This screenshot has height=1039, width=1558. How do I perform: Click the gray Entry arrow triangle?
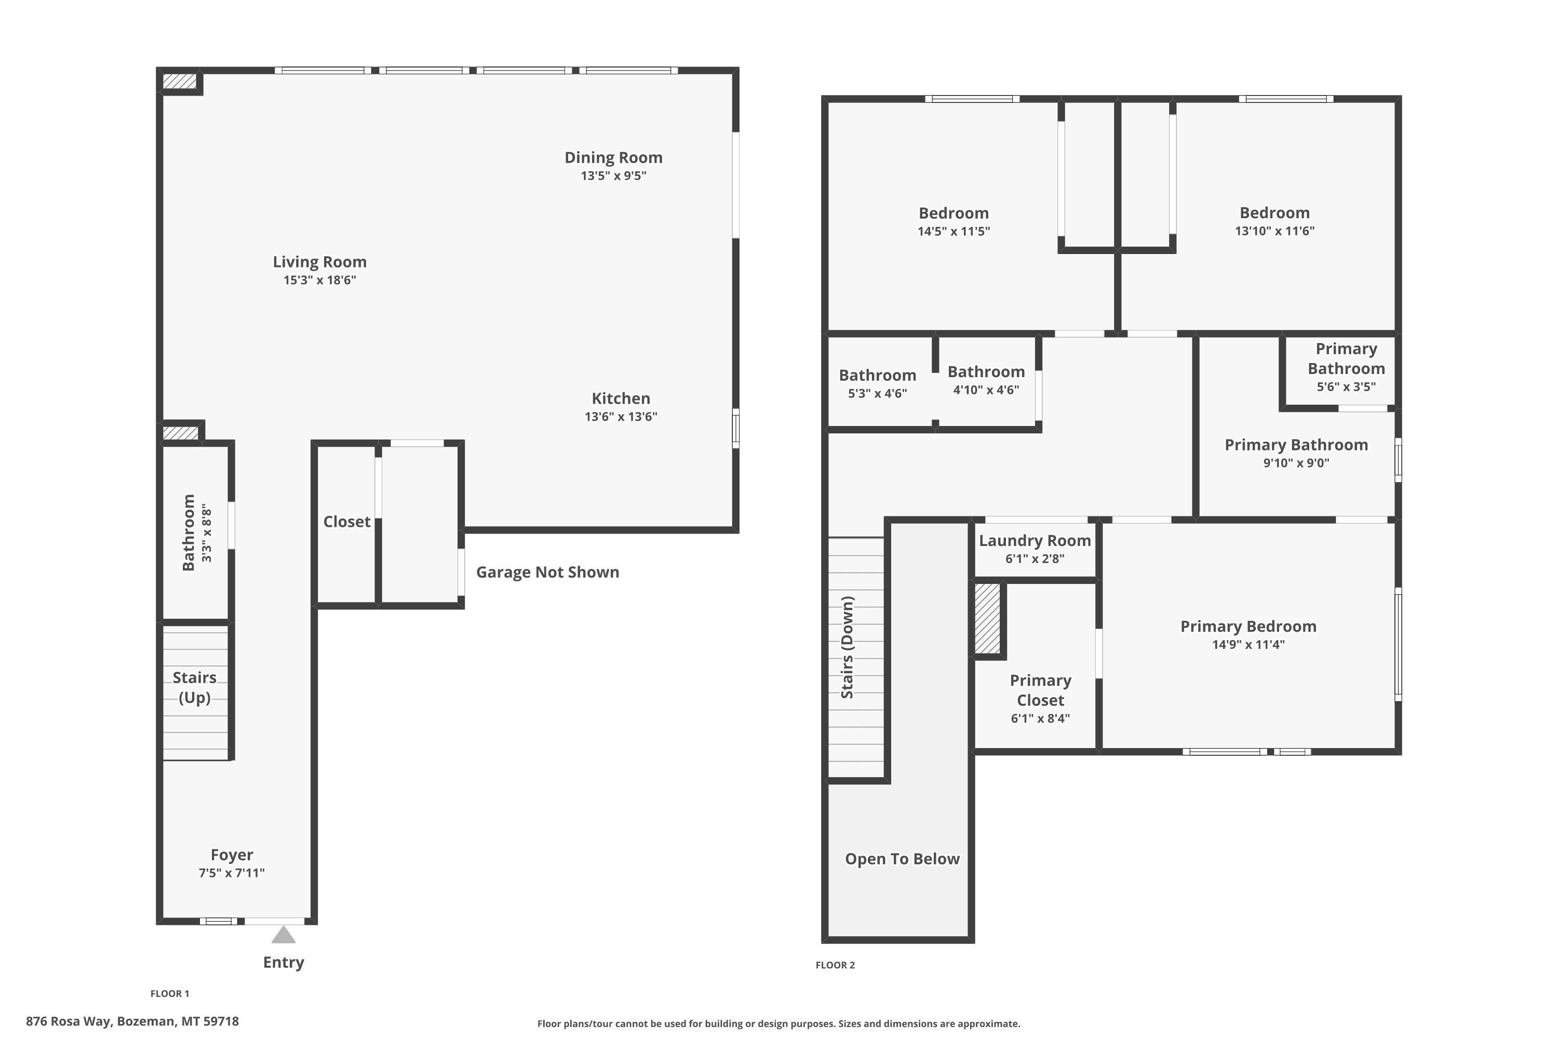(x=284, y=935)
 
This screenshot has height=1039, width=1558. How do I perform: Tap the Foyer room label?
(x=232, y=855)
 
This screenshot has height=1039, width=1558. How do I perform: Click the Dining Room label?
(x=613, y=158)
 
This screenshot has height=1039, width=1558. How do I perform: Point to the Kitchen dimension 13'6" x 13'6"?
(x=621, y=417)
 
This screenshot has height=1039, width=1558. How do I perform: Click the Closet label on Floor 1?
(x=346, y=522)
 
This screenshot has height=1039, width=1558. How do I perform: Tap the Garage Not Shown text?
(x=548, y=572)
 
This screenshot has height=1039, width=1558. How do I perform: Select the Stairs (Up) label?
(x=195, y=687)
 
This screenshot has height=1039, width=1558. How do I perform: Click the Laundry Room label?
(x=1035, y=541)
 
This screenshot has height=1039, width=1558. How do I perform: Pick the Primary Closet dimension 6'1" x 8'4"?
(x=1041, y=718)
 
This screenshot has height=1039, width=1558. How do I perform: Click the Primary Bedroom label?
(x=1248, y=626)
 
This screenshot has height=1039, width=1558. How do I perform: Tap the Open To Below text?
(x=902, y=859)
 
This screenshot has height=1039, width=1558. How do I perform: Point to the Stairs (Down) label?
(x=847, y=647)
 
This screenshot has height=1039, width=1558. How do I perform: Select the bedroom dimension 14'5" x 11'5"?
(x=954, y=231)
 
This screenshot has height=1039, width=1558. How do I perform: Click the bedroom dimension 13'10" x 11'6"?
(x=1274, y=231)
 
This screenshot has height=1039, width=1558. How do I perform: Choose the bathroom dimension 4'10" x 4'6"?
(x=986, y=390)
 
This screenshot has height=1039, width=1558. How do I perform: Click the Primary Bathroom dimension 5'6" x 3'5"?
(x=1346, y=387)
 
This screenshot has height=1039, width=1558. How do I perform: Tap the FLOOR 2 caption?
(x=835, y=965)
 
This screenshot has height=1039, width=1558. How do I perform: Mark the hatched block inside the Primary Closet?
(x=987, y=618)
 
